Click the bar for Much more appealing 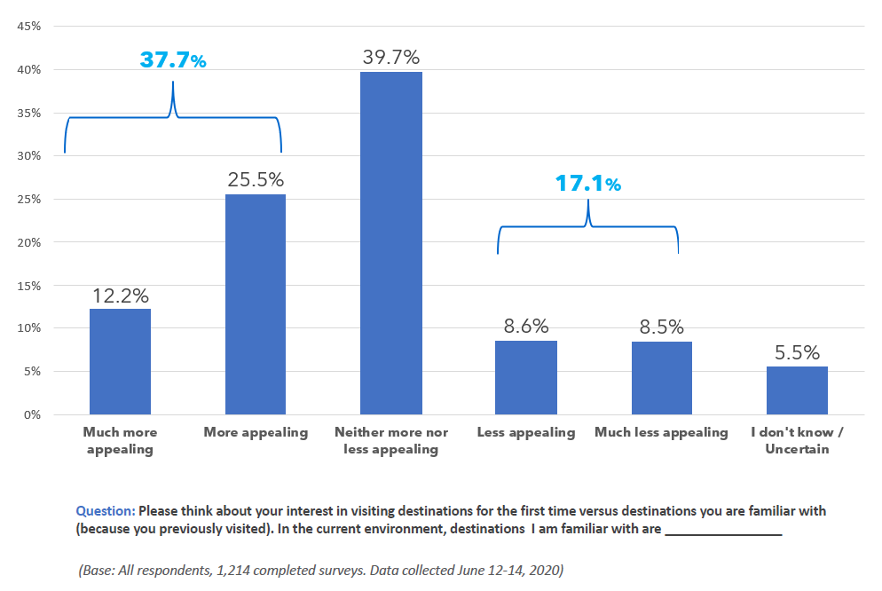120,361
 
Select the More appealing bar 256,304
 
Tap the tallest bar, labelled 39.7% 391,242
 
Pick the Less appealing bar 526,377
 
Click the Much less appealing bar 662,378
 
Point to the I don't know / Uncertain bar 797,390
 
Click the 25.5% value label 256,180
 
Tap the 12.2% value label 120,295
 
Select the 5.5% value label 797,352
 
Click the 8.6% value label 526,327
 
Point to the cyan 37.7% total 173,60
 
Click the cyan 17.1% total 588,184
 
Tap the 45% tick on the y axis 29,26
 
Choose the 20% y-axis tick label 29,242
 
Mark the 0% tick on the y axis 33,414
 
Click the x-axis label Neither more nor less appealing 391,440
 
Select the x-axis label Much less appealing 661,432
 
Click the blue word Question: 106,511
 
